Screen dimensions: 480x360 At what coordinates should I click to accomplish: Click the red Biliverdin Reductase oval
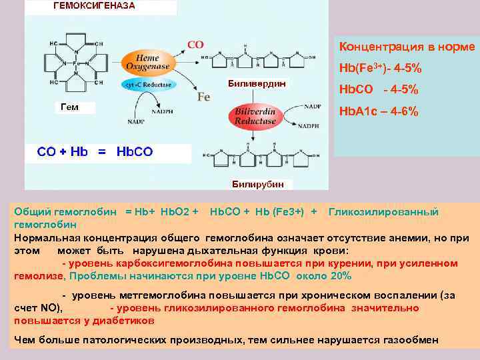coord(255,117)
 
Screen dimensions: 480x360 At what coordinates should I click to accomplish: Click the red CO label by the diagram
coord(195,45)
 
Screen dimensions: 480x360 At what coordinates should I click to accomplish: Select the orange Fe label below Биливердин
coord(203,97)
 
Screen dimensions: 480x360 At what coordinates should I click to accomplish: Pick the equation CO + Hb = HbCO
coord(95,151)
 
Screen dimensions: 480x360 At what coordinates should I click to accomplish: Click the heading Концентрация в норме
coord(407,47)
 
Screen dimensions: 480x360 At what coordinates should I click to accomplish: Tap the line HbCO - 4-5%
coord(379,90)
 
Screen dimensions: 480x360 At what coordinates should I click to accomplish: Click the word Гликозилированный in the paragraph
coord(384,212)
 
